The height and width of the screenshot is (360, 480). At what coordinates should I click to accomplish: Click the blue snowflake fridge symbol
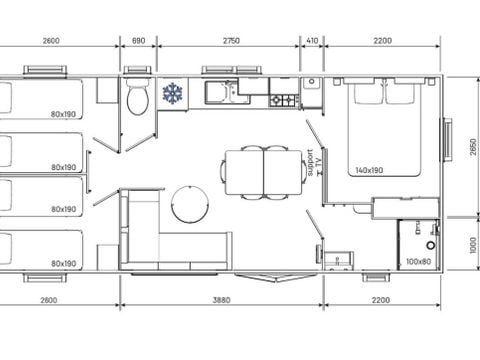tap(173, 93)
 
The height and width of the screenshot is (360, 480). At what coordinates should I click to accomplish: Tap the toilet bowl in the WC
tap(138, 100)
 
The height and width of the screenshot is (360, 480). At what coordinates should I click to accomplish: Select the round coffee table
tap(190, 204)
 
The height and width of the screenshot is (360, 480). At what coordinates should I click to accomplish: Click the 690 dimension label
tap(138, 41)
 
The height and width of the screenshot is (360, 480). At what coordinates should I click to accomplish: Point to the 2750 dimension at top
tap(231, 41)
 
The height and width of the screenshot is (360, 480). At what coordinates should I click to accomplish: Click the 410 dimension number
tap(312, 41)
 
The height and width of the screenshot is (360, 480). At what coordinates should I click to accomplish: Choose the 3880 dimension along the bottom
tap(221, 300)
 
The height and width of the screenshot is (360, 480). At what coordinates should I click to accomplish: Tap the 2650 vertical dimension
tap(473, 147)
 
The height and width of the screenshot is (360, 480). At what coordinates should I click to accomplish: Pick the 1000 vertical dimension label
tap(473, 245)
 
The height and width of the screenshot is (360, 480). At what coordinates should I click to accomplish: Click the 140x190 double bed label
tap(369, 170)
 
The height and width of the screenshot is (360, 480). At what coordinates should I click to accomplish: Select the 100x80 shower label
tap(418, 262)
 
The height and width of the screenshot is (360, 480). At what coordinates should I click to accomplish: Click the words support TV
tap(314, 162)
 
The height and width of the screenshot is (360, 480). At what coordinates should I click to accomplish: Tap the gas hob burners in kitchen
tap(284, 100)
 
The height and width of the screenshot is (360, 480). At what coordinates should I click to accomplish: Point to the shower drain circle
tap(431, 246)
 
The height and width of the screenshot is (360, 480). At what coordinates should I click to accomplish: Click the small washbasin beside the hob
tap(312, 83)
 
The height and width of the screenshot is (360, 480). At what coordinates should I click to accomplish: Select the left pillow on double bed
tap(367, 93)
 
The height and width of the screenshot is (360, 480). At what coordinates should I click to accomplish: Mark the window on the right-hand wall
tap(446, 140)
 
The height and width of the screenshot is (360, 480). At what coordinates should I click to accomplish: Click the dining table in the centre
tap(264, 172)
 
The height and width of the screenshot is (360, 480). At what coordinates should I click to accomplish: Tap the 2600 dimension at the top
tap(51, 41)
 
